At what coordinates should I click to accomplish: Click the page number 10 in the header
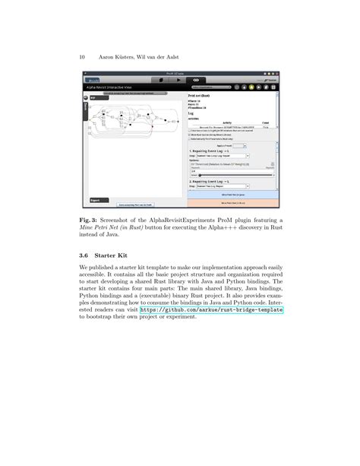point(81,56)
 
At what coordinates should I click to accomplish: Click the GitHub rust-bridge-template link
point(210,310)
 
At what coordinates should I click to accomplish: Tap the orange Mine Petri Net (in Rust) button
point(232,203)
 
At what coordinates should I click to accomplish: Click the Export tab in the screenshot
point(96,200)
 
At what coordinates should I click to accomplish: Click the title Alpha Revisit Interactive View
point(114,87)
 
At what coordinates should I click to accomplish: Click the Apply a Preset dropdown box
point(232,144)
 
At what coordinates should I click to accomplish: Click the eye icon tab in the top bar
point(195,79)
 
